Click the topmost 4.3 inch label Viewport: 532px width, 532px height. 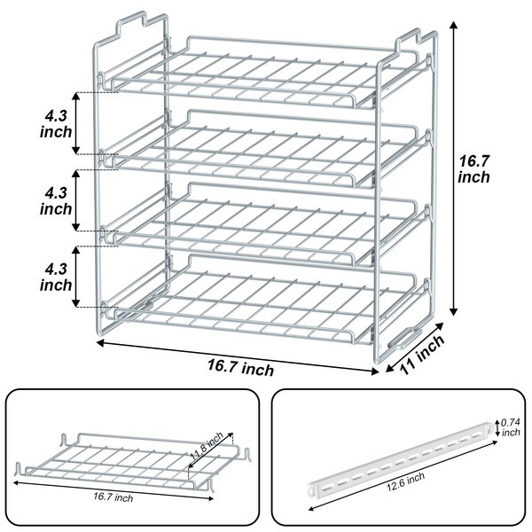pos(56,124)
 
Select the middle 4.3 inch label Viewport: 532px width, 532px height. pos(56,200)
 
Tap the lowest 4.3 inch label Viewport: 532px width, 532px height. pos(56,277)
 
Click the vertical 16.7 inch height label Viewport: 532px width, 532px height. pos(474,169)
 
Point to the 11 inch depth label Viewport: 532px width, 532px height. pos(422,354)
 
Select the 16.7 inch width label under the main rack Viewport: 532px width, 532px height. pos(240,367)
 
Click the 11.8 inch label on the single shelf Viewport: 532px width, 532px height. pos(207,445)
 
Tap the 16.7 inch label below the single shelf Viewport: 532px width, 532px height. pos(113,497)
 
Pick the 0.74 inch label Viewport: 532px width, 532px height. pos(511,427)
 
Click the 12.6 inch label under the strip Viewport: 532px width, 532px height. pos(406,481)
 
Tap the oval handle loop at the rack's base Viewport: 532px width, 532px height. pos(405,338)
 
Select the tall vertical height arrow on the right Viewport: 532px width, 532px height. pos(453,168)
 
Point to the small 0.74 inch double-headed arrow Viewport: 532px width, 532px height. pos(497,428)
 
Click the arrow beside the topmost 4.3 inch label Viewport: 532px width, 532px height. pos(76,123)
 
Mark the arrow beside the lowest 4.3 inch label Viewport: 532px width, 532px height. pos(76,277)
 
